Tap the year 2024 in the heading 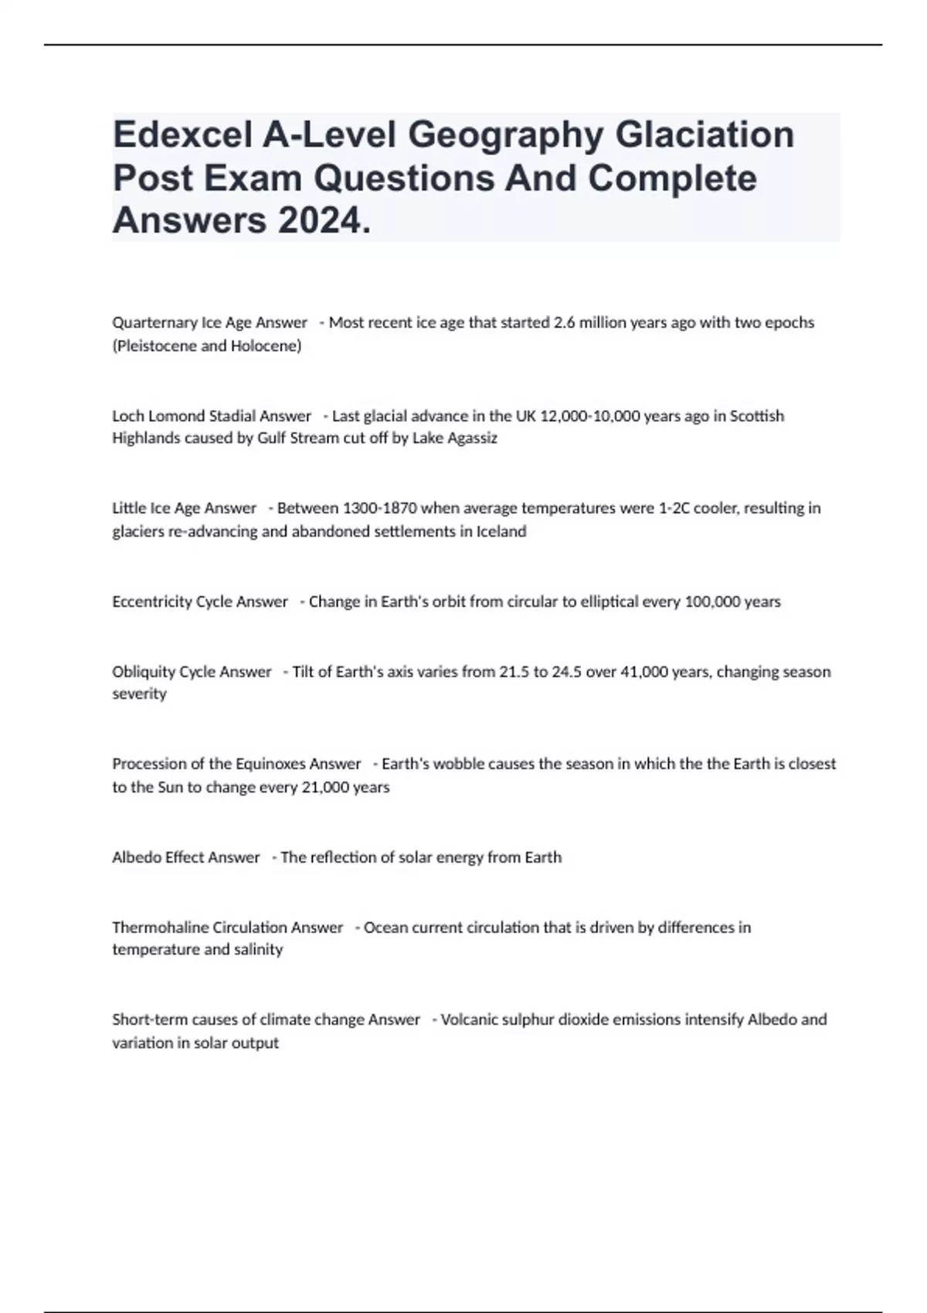[x=318, y=222]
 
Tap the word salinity [x=258, y=949]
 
